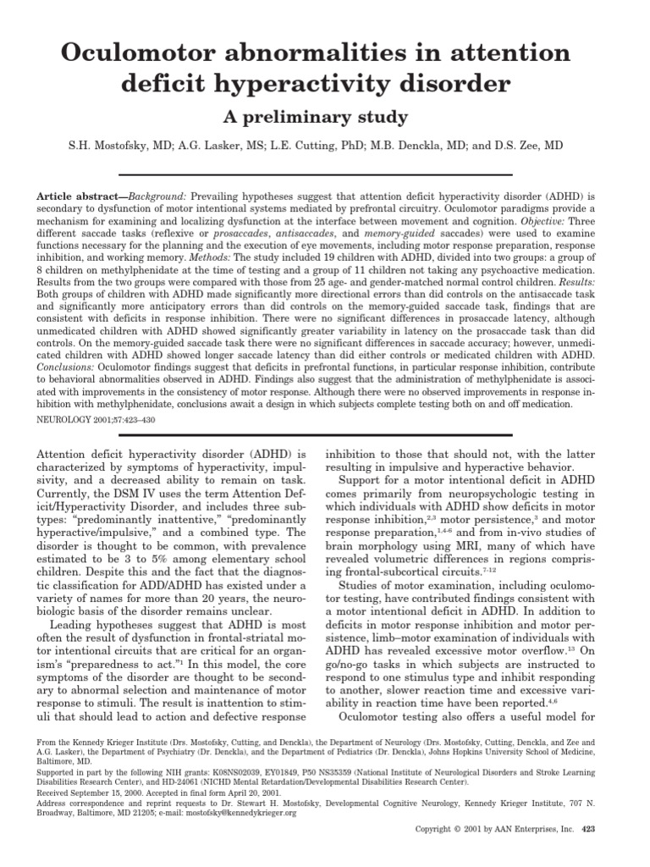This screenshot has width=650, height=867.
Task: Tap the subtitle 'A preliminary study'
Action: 324,116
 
